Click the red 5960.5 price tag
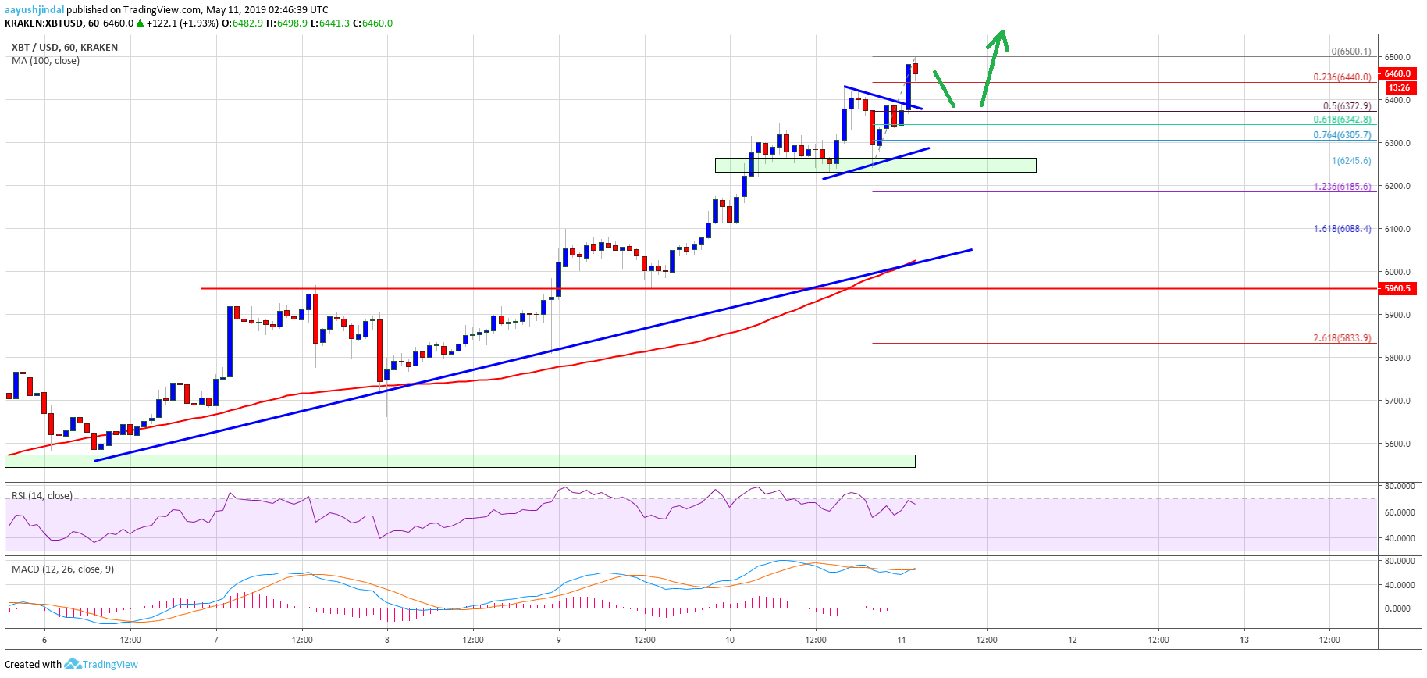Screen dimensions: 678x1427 [x=1397, y=288]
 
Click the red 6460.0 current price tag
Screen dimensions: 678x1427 [x=1397, y=73]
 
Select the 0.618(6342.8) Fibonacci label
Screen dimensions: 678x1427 [x=1342, y=120]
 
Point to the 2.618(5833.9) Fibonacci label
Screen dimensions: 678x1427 [x=1342, y=338]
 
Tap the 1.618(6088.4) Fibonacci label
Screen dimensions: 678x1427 [x=1342, y=229]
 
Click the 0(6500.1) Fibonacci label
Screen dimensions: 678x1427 [x=1350, y=52]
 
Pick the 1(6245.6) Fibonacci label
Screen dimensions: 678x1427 [x=1350, y=161]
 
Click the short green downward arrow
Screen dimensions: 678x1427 [x=944, y=88]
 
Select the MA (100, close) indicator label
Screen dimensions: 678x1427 [x=45, y=61]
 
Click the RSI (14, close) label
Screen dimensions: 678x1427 [x=42, y=496]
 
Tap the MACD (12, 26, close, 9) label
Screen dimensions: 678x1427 [x=62, y=569]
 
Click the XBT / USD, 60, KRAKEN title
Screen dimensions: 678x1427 [x=65, y=48]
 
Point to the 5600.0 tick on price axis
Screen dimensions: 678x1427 [x=1397, y=444]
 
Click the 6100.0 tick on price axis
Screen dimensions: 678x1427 [x=1397, y=229]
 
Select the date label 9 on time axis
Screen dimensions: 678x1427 [x=559, y=640]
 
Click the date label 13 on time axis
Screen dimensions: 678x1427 [x=1244, y=640]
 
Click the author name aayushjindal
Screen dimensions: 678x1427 [x=34, y=10]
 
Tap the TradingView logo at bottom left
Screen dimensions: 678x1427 [x=101, y=665]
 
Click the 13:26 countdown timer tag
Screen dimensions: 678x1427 [x=1398, y=87]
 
